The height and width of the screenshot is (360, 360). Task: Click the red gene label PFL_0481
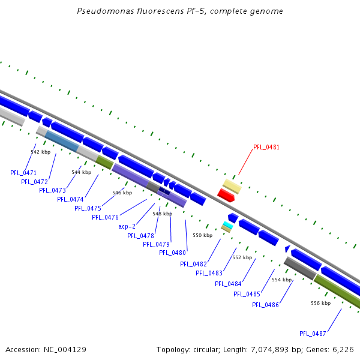click(266, 147)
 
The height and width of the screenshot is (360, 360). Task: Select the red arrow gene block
click(226, 195)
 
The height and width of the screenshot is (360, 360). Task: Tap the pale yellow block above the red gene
click(232, 186)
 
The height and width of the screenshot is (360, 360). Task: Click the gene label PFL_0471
click(23, 173)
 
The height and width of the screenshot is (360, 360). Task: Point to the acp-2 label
click(127, 226)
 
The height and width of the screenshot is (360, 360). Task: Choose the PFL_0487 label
click(313, 334)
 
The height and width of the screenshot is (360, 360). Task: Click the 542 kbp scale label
click(40, 152)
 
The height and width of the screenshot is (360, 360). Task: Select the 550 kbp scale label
click(202, 235)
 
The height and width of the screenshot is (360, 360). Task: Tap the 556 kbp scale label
click(320, 303)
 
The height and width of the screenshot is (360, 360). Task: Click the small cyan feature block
click(227, 224)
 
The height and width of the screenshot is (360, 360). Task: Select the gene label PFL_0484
click(227, 284)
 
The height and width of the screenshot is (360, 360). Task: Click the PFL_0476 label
click(105, 217)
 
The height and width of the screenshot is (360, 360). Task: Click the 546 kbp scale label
click(122, 193)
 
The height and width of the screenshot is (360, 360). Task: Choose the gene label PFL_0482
click(193, 264)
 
